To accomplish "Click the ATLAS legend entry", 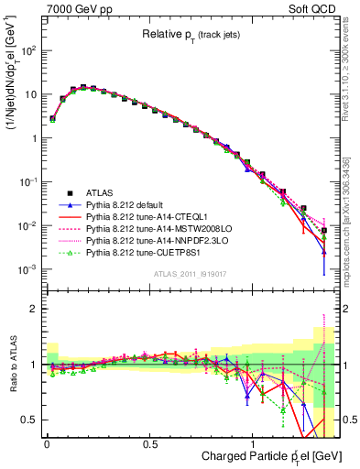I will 98,193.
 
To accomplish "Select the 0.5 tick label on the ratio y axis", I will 31,420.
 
